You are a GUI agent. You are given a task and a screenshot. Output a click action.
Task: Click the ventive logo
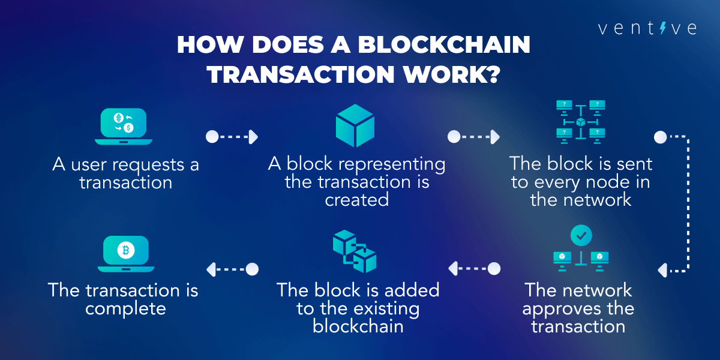click(x=647, y=28)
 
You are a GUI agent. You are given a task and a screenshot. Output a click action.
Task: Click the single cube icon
click(x=355, y=125)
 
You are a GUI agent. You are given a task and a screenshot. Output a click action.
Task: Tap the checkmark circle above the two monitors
click(x=580, y=236)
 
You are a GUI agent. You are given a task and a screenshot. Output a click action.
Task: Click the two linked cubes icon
click(x=355, y=253)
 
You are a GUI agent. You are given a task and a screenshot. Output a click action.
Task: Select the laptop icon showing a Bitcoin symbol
click(x=126, y=253)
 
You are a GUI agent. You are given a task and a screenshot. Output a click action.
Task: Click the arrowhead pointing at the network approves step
click(x=662, y=271)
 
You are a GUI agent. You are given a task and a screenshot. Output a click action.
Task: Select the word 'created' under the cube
click(x=356, y=200)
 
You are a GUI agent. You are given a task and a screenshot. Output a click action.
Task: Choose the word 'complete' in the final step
click(x=125, y=308)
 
